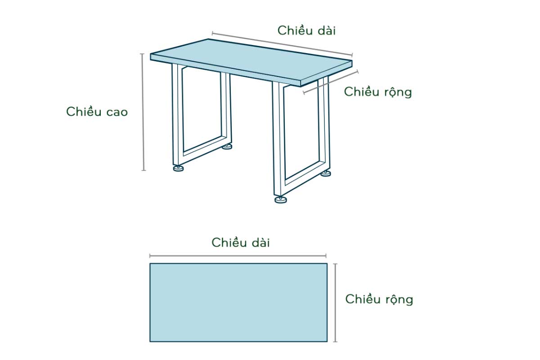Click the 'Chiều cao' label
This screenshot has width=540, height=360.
tap(97, 112)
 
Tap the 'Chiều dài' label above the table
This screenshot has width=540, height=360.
tap(306, 31)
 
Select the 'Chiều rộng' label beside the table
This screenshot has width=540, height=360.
tap(378, 92)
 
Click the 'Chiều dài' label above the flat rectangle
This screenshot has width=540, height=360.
tap(241, 243)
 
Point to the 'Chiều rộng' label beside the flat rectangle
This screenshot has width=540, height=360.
tap(379, 300)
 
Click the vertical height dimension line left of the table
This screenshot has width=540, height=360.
tap(143, 112)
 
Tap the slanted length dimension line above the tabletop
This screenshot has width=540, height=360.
tap(282, 44)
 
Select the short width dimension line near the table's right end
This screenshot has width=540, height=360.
tap(330, 82)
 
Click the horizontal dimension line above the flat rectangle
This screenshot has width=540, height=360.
tap(238, 256)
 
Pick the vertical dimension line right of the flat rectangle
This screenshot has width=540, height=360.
tap(335, 303)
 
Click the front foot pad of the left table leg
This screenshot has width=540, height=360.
tap(178, 168)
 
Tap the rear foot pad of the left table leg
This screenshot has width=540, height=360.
tap(227, 146)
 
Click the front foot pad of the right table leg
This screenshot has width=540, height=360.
tap(281, 200)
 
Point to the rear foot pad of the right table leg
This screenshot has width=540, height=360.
tap(326, 173)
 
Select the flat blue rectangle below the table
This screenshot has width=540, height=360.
tap(238, 302)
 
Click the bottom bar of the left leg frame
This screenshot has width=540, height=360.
tap(205, 150)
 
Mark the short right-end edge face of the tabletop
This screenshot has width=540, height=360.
tap(326, 73)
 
